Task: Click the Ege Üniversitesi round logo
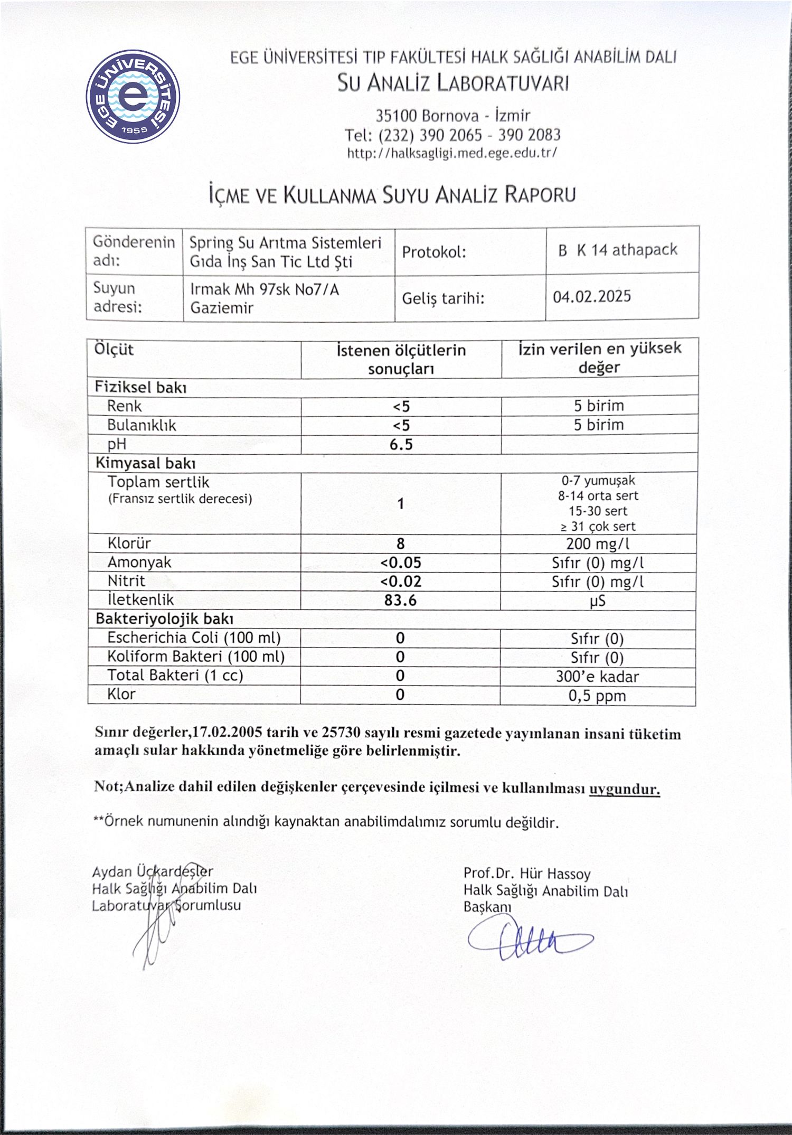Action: pyautogui.click(x=133, y=97)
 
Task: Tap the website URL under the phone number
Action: pyautogui.click(x=452, y=153)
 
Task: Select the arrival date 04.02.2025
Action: pyautogui.click(x=592, y=296)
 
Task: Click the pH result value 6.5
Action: pyautogui.click(x=401, y=445)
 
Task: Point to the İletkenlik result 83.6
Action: pyautogui.click(x=400, y=601)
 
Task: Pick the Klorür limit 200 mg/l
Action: pyautogui.click(x=598, y=544)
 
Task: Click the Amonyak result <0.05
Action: pyautogui.click(x=400, y=563)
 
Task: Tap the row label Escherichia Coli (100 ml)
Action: pyautogui.click(x=194, y=638)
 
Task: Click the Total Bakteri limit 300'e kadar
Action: pyautogui.click(x=597, y=677)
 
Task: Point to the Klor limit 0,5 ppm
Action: pyautogui.click(x=597, y=696)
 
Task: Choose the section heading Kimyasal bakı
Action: pyautogui.click(x=146, y=464)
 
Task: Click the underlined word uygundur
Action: pyautogui.click(x=624, y=790)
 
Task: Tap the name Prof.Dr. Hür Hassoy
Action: pyautogui.click(x=527, y=874)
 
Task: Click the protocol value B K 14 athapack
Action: pyautogui.click(x=617, y=250)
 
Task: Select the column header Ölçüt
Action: pyautogui.click(x=114, y=350)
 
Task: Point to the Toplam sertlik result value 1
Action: pyautogui.click(x=401, y=504)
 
